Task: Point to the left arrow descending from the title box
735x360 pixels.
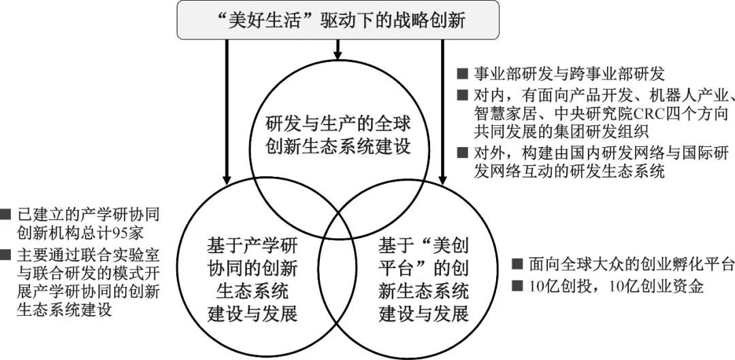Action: (224, 116)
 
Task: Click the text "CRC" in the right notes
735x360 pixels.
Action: (631, 112)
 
